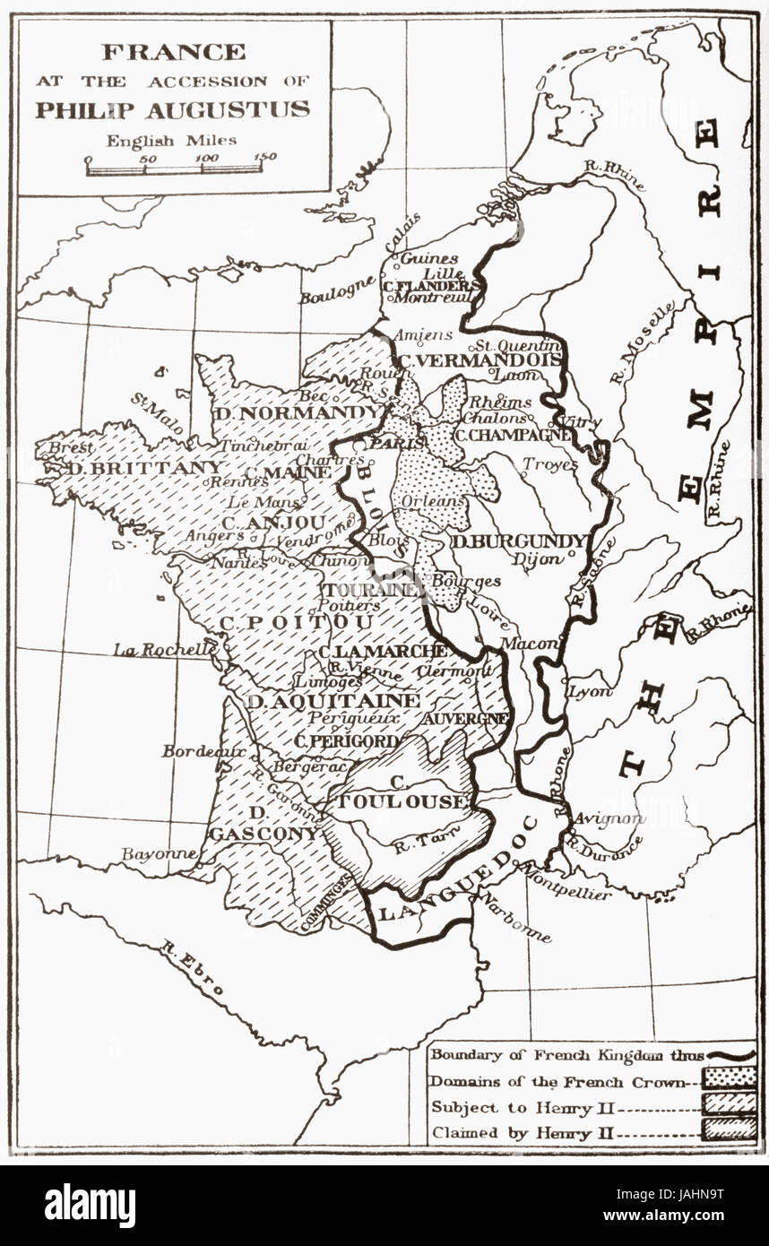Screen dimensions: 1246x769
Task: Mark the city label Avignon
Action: coord(609,818)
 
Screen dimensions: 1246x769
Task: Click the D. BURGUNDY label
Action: coord(519,541)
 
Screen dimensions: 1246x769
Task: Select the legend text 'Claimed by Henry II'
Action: coord(524,1132)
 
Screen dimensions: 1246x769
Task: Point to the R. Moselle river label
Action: coord(642,342)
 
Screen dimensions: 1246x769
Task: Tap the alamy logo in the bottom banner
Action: coord(90,1205)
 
